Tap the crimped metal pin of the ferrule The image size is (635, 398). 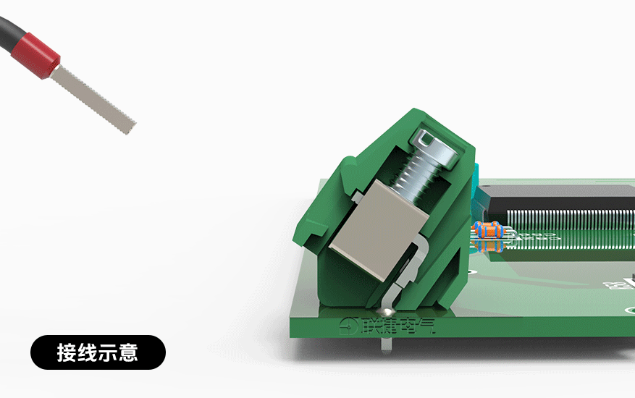pyautogui.click(x=94, y=98)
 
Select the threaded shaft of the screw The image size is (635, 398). pyautogui.click(x=412, y=178)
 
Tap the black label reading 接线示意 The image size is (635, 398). pyautogui.click(x=98, y=352)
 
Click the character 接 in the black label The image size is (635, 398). pyautogui.click(x=67, y=352)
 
